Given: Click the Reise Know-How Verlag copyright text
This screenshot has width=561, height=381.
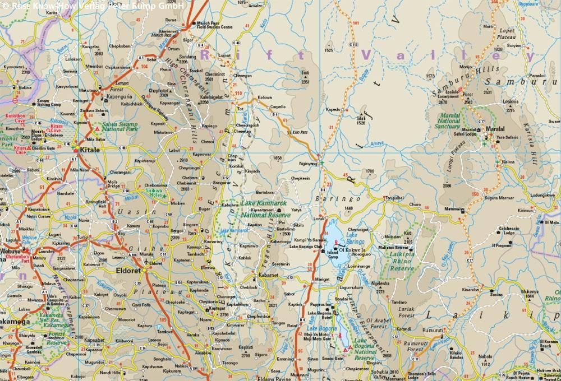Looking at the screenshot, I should click(92, 6).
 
